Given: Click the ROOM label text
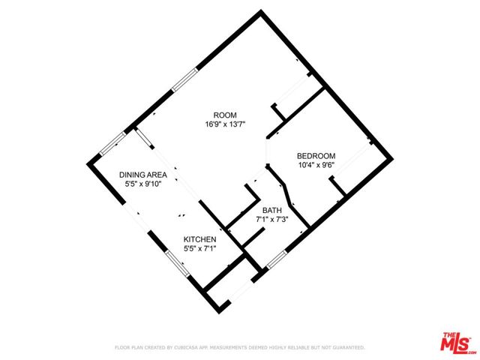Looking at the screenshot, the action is (225, 115).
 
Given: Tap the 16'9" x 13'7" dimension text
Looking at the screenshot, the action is (225, 124).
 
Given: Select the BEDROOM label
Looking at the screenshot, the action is (316, 156).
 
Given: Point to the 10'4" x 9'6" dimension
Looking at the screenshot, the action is (316, 165).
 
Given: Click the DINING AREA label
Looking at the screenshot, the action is (143, 175).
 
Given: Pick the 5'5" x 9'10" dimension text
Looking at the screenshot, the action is (143, 184).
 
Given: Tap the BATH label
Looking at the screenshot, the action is (272, 210).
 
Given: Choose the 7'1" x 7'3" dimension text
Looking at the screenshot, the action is (272, 219).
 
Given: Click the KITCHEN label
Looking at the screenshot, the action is (200, 239).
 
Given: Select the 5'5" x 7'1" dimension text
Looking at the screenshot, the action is (200, 248).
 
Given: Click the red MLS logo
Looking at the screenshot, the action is (455, 342).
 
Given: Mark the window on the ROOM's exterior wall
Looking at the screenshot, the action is (184, 80).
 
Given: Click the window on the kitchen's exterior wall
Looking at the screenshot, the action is (178, 263).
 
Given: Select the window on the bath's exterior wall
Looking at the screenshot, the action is (277, 259).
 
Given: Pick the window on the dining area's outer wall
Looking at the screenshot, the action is (113, 143).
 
